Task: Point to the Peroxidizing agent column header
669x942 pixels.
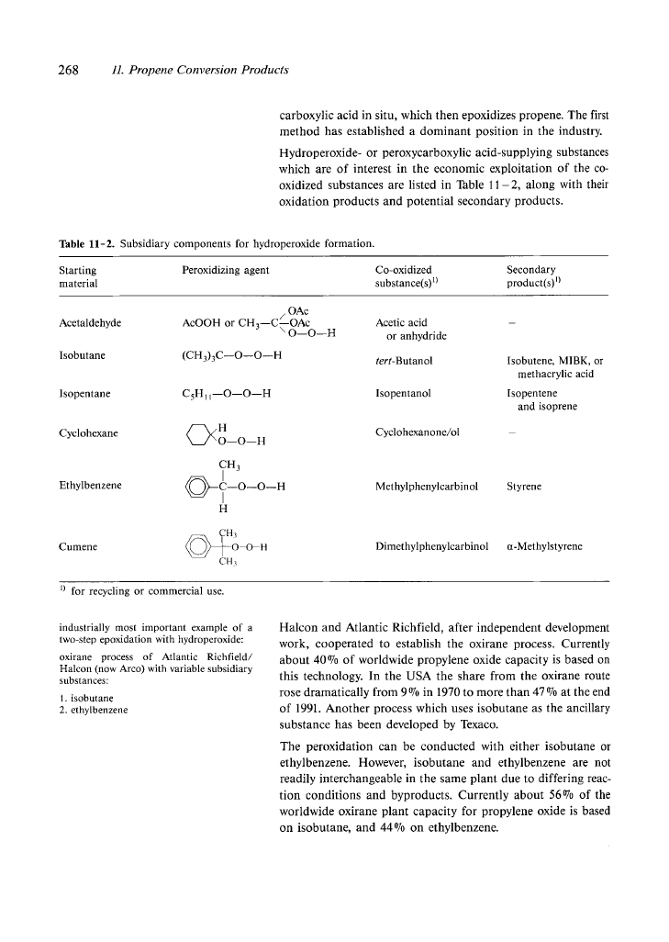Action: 226,271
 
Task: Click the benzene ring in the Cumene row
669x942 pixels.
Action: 198,545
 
